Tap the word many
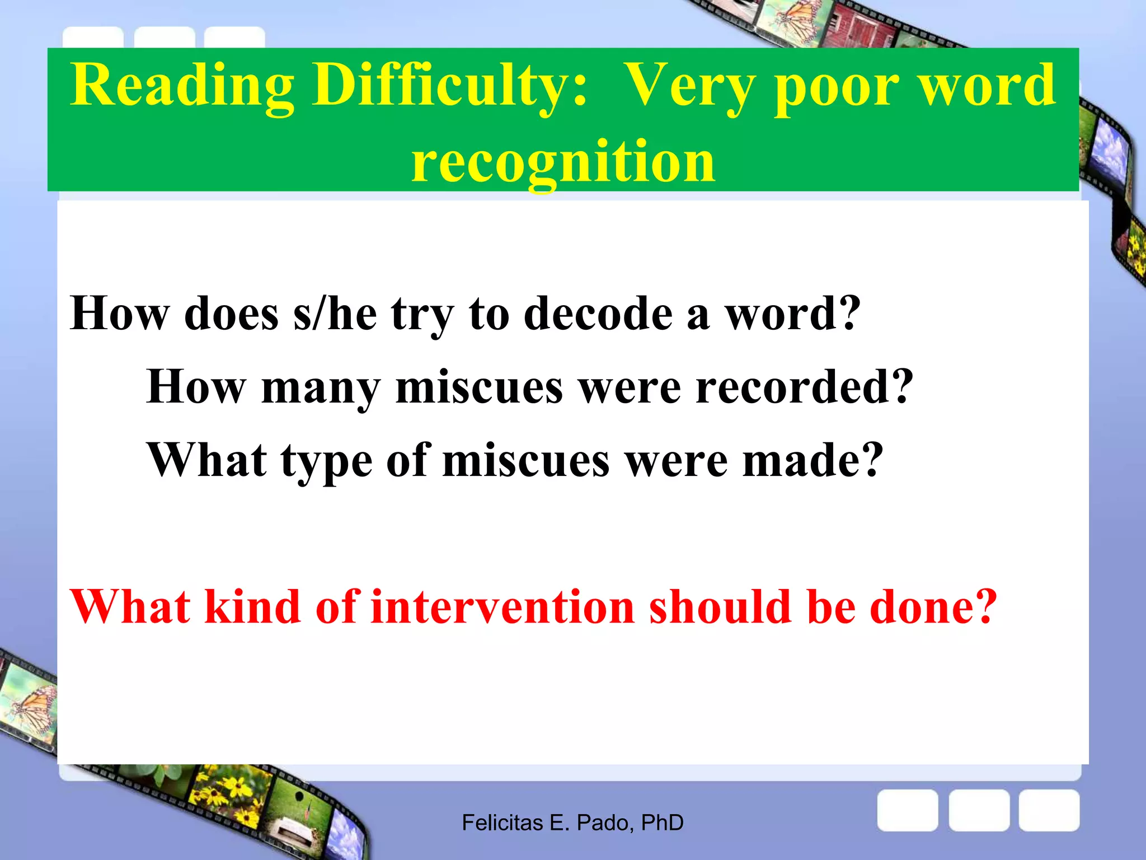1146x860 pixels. pos(321,388)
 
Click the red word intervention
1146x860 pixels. pos(502,607)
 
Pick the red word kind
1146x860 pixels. pos(252,607)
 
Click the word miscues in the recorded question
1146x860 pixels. pos(479,387)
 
